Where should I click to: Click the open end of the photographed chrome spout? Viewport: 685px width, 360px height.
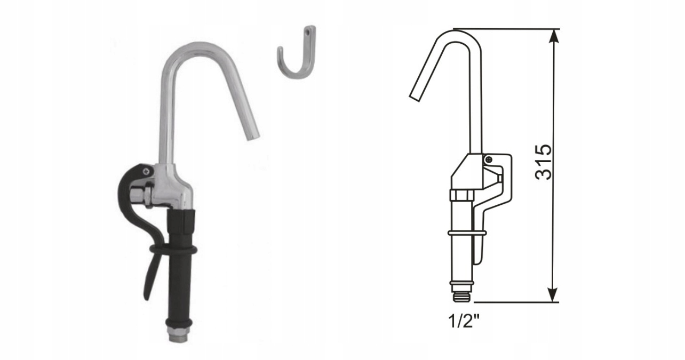pos(253,138)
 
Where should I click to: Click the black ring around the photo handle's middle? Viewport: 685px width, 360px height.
pos(173,250)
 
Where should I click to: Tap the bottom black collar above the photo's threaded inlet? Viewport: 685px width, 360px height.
pos(179,323)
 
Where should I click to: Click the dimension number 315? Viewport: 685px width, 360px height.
pos(544,162)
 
